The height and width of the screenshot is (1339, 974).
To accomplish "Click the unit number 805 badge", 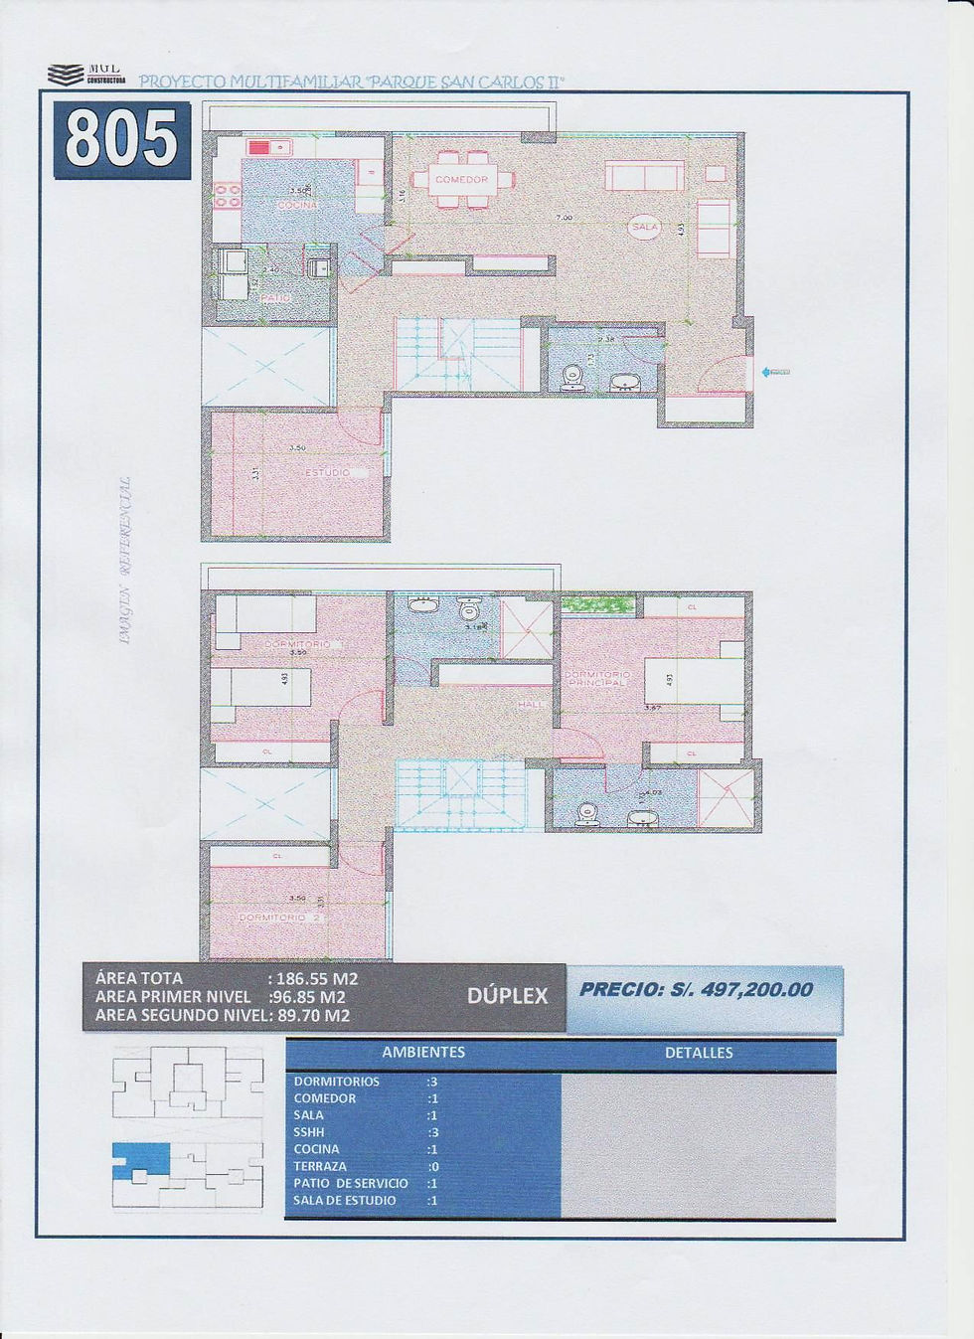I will (121, 140).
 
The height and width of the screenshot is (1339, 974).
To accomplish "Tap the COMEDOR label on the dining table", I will (461, 180).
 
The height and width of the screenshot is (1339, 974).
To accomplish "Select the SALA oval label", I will (644, 228).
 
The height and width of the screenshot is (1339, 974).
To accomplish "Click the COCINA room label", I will (297, 205).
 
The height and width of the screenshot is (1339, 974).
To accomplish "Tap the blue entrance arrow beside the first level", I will (774, 372).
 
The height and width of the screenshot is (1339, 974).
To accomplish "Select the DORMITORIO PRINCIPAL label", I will (597, 679).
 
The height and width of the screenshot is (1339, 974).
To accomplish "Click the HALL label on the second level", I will (530, 705).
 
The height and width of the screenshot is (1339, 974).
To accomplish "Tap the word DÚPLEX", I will (507, 996).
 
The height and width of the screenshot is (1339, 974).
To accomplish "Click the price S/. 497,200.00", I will (696, 989).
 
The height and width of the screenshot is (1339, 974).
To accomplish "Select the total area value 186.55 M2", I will (316, 978).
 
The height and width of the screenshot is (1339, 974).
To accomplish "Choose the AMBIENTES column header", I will (423, 1052).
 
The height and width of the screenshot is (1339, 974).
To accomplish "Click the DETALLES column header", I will (699, 1053).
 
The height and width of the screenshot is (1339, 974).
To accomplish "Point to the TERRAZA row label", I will (320, 1166).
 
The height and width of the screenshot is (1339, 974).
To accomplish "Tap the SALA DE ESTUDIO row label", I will (345, 1201).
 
